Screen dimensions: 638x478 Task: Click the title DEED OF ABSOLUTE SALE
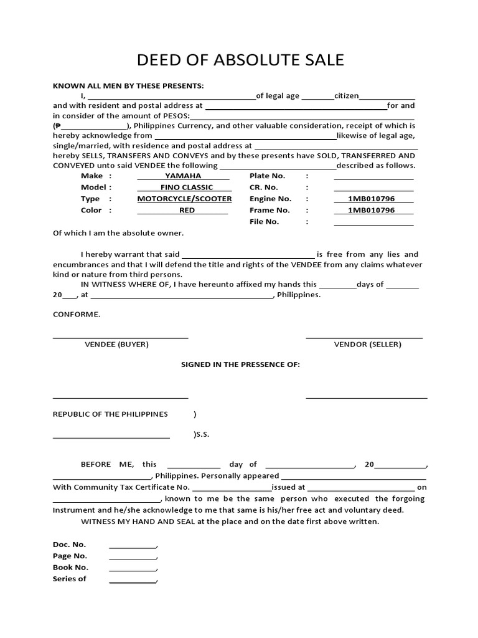tap(240, 60)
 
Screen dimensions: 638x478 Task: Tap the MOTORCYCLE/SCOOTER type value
tap(184, 199)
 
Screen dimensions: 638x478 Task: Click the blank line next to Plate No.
tap(373, 177)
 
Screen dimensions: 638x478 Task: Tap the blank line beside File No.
tap(373, 222)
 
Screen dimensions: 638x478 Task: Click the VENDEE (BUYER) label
tap(116, 345)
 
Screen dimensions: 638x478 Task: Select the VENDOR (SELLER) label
tap(367, 345)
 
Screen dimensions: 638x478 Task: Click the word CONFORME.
tap(77, 315)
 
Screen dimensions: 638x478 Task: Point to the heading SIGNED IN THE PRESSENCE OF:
tap(240, 364)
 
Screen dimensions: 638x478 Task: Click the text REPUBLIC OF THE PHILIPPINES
tap(110, 414)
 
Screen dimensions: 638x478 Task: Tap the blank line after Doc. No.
tap(133, 546)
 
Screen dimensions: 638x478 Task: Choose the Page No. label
tap(70, 556)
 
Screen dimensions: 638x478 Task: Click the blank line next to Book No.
tap(133, 569)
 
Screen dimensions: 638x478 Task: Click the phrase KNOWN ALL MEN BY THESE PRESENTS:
tap(128, 86)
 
